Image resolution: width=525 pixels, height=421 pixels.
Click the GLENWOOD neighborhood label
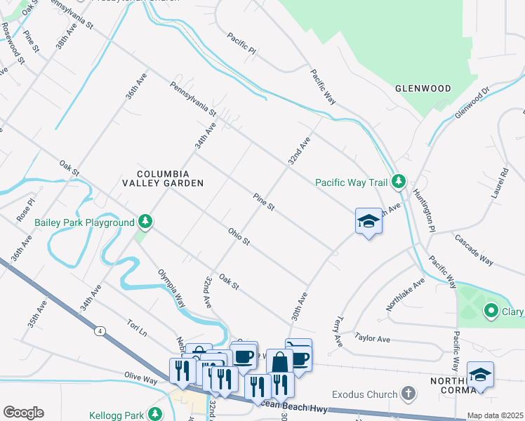(x=423, y=88)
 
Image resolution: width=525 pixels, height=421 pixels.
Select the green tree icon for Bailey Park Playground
(x=145, y=222)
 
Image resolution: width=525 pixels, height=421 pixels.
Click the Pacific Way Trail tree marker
(x=398, y=182)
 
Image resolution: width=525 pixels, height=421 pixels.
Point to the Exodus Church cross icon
(x=410, y=394)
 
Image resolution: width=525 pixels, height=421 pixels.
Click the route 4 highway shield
(x=101, y=330)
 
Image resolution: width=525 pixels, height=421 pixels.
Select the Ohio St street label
(x=239, y=236)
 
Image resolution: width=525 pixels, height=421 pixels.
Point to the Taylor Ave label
(x=372, y=338)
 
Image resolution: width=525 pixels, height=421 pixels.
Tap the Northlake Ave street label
(x=406, y=295)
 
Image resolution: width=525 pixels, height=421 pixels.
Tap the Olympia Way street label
(x=171, y=288)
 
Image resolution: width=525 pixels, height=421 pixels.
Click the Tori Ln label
(x=136, y=327)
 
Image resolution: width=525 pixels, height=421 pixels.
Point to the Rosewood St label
(x=13, y=44)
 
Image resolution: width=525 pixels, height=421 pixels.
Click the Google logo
(x=23, y=413)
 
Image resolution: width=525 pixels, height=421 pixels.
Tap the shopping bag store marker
(x=279, y=362)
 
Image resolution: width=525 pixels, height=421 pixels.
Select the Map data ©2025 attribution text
(x=496, y=415)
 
